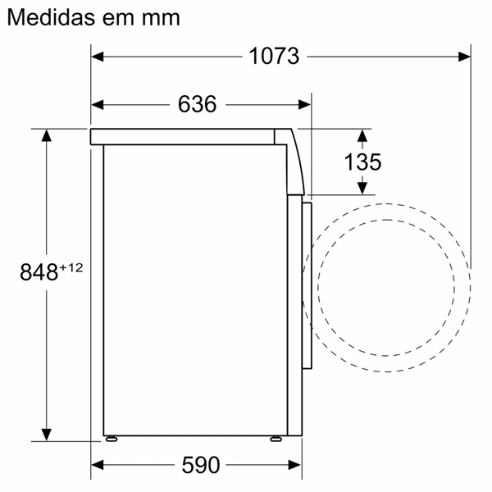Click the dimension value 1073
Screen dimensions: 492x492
pyautogui.click(x=274, y=57)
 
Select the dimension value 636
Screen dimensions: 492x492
pyautogui.click(x=197, y=104)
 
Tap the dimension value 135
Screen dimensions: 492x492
pyautogui.click(x=362, y=162)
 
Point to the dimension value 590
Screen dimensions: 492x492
pyautogui.click(x=201, y=465)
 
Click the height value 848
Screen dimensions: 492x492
pyautogui.click(x=39, y=272)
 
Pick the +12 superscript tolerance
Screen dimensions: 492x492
pyautogui.click(x=71, y=267)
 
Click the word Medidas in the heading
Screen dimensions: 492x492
pyautogui.click(x=51, y=17)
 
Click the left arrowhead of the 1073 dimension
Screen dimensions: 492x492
pyautogui.click(x=98, y=57)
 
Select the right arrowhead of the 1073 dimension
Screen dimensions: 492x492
pyautogui.click(x=464, y=57)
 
